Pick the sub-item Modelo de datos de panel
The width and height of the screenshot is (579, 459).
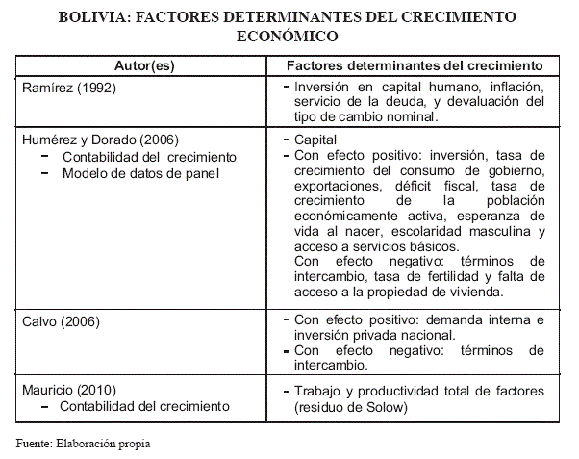click(140, 173)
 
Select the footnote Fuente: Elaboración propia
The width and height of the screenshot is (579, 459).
click(84, 444)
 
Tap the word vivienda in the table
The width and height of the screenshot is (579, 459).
click(497, 293)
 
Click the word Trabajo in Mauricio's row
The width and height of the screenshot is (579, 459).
click(319, 391)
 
